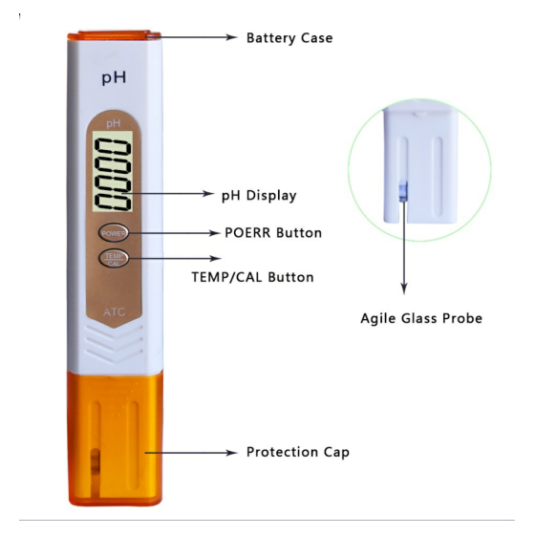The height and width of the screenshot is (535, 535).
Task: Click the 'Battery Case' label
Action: [x=289, y=38]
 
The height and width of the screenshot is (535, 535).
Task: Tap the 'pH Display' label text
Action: [x=259, y=196]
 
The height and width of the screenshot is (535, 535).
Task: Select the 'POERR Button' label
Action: [x=273, y=233]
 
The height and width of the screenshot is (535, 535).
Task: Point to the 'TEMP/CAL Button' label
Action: [x=252, y=277]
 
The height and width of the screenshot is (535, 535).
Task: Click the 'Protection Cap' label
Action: [x=298, y=452]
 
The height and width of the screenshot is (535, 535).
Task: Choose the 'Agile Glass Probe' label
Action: [x=421, y=318]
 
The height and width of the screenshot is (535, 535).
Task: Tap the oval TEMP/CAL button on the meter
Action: [x=114, y=259]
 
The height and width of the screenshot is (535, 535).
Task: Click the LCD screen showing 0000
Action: [x=113, y=171]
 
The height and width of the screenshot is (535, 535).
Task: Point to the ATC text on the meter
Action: [x=115, y=311]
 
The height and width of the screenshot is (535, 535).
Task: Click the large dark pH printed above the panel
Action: [x=114, y=77]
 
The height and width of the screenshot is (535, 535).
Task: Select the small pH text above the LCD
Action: [x=114, y=123]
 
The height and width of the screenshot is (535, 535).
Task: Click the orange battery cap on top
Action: [x=115, y=35]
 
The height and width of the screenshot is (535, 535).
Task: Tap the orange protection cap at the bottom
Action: [x=115, y=439]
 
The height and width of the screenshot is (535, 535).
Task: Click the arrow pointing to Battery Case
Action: [x=193, y=37]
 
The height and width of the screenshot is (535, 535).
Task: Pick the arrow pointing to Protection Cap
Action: [x=191, y=453]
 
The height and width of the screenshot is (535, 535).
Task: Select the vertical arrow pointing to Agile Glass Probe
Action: [x=403, y=247]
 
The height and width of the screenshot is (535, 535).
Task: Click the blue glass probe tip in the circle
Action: [x=403, y=191]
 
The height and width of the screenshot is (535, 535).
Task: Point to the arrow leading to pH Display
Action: [x=167, y=193]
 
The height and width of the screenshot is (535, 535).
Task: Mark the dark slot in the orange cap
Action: [x=96, y=461]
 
